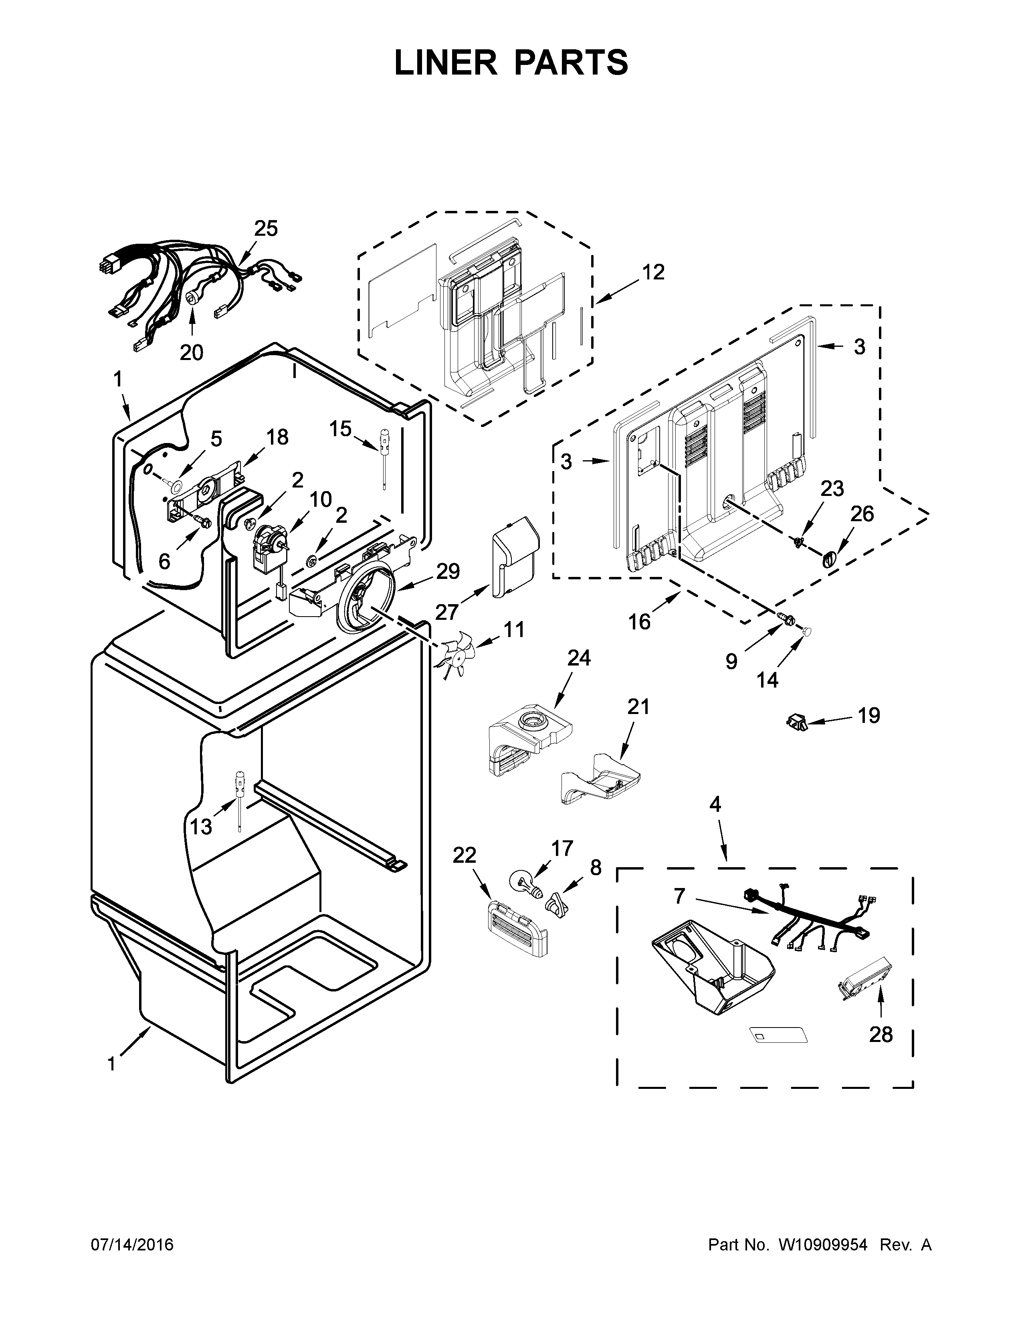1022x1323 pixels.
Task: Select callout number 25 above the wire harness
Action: (265, 229)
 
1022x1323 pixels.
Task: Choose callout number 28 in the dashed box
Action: (881, 1035)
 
